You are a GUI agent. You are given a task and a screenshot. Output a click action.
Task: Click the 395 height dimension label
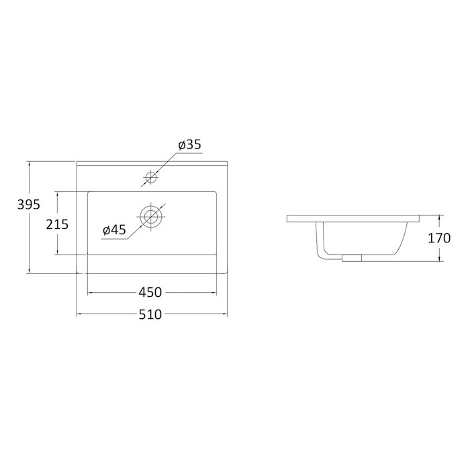point(29,205)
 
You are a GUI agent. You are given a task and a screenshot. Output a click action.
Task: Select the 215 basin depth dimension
point(57,224)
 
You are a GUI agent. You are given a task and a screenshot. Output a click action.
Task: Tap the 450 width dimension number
point(150,292)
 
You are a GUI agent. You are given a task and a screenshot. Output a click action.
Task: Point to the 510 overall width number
point(150,314)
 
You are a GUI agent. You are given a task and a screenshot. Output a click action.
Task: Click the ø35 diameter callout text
point(190,145)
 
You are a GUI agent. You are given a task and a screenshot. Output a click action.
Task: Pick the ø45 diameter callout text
point(114,230)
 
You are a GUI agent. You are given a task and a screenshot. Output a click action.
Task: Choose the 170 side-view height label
point(439,238)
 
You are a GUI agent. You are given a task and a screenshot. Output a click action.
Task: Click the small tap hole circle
point(151,177)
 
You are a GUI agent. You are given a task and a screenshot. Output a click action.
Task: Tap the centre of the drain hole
point(151,216)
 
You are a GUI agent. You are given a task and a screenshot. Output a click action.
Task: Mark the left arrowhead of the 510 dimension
point(79,314)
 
